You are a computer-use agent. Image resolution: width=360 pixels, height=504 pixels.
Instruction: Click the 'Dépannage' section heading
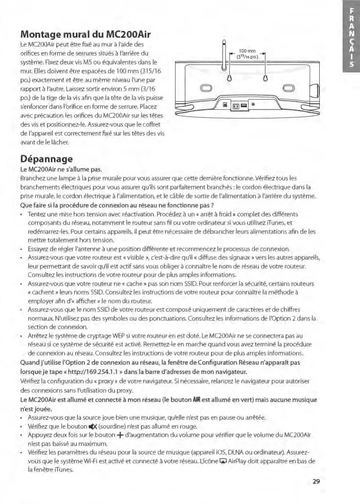(x=47, y=159)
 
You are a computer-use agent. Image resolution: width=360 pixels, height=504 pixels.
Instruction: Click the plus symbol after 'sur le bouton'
(x=122, y=435)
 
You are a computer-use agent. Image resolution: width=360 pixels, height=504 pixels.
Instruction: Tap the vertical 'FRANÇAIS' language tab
(x=351, y=39)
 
